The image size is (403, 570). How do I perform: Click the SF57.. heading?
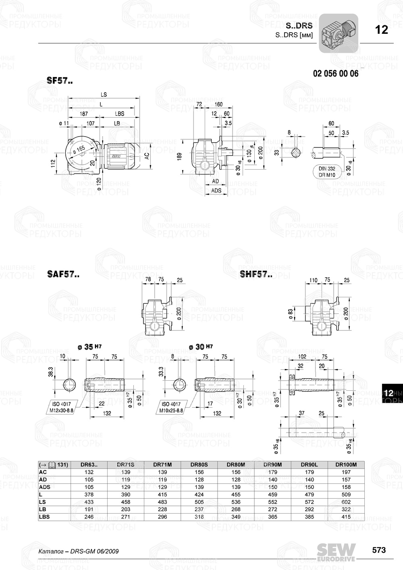pos(60,81)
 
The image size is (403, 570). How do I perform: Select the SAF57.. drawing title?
pos(63,275)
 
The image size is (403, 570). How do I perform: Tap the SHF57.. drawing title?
pos(256,275)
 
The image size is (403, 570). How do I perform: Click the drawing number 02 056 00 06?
pos(335,74)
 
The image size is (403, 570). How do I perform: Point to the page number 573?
pos(378,550)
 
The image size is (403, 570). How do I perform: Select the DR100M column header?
pos(346,464)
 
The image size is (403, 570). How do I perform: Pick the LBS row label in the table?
pos(44,517)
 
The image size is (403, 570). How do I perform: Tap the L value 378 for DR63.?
pos(89,494)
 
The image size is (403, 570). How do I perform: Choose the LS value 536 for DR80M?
pos(236,502)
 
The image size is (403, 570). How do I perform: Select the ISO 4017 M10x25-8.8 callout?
pos(172,407)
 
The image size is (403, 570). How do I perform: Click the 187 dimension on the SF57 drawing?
pos(83,114)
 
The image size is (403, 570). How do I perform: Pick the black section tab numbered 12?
pos(389,393)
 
